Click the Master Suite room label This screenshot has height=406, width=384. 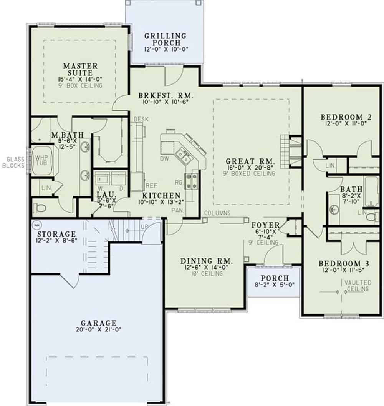click(x=80, y=69)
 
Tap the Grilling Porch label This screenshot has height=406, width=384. click(x=165, y=39)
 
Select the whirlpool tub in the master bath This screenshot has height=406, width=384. click(x=41, y=161)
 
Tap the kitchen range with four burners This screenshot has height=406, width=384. click(x=192, y=180)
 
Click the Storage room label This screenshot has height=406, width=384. click(x=56, y=234)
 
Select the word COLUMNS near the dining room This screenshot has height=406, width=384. click(x=217, y=213)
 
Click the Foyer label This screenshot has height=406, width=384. click(x=265, y=225)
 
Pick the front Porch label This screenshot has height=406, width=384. click(x=274, y=278)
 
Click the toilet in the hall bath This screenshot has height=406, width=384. click(x=371, y=217)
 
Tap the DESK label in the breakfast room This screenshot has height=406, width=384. click(x=141, y=119)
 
